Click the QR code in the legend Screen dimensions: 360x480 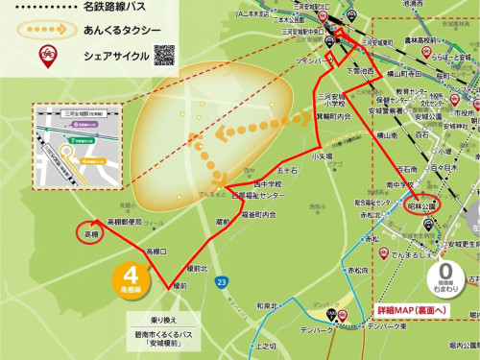[164, 55]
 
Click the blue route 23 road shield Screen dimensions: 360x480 [222, 281]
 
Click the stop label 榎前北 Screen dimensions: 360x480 [198, 268]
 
